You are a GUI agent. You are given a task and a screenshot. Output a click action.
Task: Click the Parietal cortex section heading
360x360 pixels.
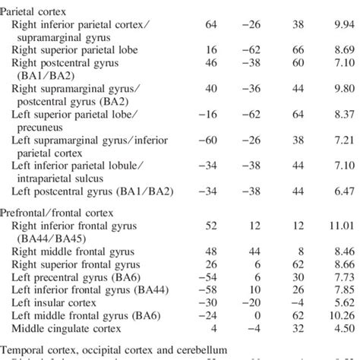(38, 11)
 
